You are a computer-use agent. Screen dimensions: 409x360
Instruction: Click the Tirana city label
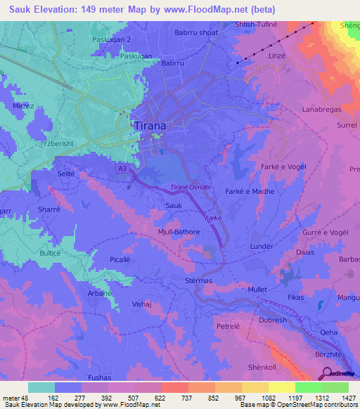tap(150, 126)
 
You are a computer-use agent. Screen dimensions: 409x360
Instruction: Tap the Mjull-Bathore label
tap(179, 231)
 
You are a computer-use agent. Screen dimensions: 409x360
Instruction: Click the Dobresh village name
tap(273, 320)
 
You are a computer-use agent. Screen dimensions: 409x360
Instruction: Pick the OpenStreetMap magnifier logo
tap(326, 373)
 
